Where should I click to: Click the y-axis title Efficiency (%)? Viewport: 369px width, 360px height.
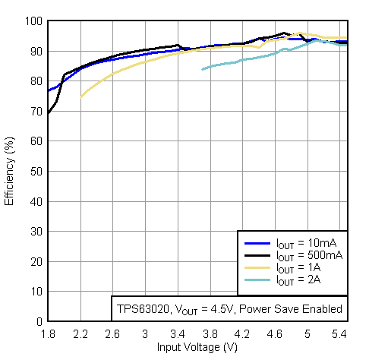[10, 171]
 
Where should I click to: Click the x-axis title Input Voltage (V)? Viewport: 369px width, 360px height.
[197, 347]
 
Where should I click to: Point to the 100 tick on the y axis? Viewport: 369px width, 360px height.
[35, 21]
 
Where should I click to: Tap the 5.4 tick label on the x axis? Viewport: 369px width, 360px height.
[339, 333]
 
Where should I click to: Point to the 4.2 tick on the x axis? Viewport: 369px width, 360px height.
[242, 333]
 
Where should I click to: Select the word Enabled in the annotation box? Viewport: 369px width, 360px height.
[323, 309]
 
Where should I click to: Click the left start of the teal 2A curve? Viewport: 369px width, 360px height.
[202, 69]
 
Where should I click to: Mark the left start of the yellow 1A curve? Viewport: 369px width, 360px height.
[80, 96]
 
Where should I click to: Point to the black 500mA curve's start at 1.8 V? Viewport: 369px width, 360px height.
[48, 114]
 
